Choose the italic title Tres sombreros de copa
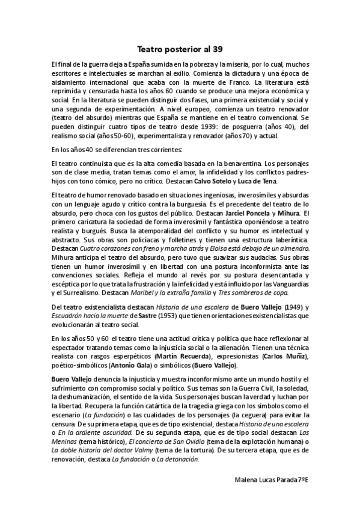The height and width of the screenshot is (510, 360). (255, 292)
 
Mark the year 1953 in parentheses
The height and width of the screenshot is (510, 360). (168, 315)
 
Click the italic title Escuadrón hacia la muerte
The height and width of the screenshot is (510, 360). (90, 315)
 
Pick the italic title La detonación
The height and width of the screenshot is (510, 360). (178, 458)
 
